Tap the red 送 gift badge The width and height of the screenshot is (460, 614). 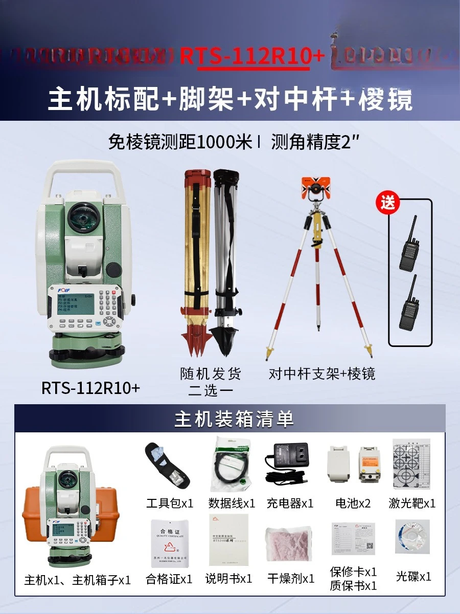(388, 203)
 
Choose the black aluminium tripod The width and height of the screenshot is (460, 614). (226, 261)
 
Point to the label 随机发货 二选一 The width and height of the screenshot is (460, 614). (211, 382)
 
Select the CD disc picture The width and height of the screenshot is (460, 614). (412, 537)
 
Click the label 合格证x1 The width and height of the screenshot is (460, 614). (169, 579)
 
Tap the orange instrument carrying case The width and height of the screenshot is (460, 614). (36, 517)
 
